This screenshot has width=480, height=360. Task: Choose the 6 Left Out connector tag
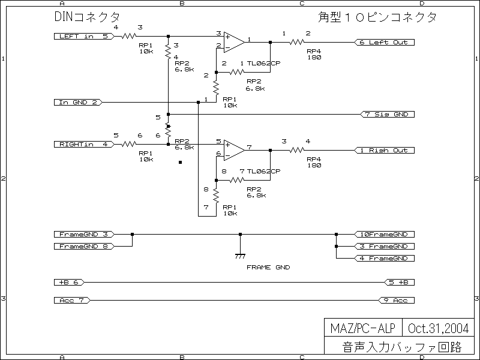tap(383, 42)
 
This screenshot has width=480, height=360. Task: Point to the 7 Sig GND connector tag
tap(386, 114)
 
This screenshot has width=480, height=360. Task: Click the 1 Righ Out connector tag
tap(383, 150)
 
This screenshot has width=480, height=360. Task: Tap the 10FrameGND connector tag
tap(383, 234)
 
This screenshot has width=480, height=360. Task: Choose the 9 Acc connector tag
tap(397, 300)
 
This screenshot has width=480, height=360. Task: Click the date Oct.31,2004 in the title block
tap(439, 328)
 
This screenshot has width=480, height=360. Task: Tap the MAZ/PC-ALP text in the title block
tap(362, 328)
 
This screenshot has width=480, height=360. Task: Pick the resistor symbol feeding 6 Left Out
tap(296, 42)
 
